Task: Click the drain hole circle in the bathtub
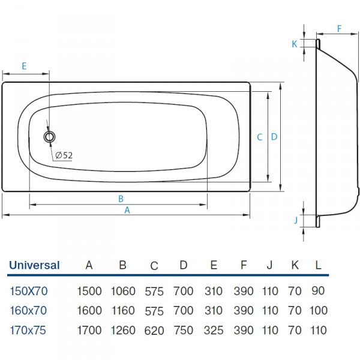pyautogui.click(x=50, y=136)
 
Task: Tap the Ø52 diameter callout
pyautogui.click(x=64, y=155)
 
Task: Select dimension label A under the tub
pyautogui.click(x=127, y=211)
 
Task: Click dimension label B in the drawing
pyautogui.click(x=121, y=199)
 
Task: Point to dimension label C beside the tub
pyautogui.click(x=260, y=137)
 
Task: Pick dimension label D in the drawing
pyautogui.click(x=274, y=137)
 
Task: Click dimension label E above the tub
pyautogui.click(x=24, y=67)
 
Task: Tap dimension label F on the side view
pyautogui.click(x=339, y=28)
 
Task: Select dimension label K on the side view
pyautogui.click(x=295, y=44)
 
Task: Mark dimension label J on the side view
pyautogui.click(x=296, y=220)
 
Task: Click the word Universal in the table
pyautogui.click(x=34, y=265)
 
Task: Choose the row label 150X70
pyautogui.click(x=29, y=292)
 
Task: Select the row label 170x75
pyautogui.click(x=29, y=329)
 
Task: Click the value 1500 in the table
pyautogui.click(x=89, y=292)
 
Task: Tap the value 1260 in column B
pyautogui.click(x=123, y=329)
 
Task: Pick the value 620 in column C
pyautogui.click(x=154, y=329)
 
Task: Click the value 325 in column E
pyautogui.click(x=214, y=329)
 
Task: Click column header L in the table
pyautogui.click(x=319, y=265)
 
